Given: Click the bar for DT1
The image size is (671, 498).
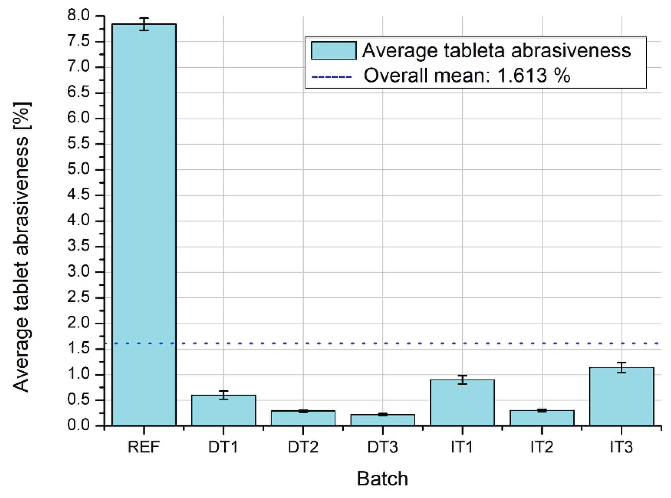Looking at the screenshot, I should (223, 410).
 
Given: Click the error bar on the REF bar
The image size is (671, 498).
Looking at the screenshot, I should (144, 24).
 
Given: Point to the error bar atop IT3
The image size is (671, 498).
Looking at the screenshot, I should (622, 368).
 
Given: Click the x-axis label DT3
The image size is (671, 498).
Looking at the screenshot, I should (382, 447).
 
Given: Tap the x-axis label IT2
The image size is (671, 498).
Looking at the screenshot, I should (542, 447).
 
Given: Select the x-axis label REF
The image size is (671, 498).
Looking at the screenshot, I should (143, 447).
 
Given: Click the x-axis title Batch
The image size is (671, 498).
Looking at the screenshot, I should (382, 479).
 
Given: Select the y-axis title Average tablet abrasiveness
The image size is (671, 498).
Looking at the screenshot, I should (22, 247).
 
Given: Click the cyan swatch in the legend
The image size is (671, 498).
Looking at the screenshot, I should (334, 50).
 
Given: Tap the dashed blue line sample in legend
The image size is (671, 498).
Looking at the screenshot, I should (332, 77).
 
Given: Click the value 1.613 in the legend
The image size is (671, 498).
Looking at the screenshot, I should (521, 75).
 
